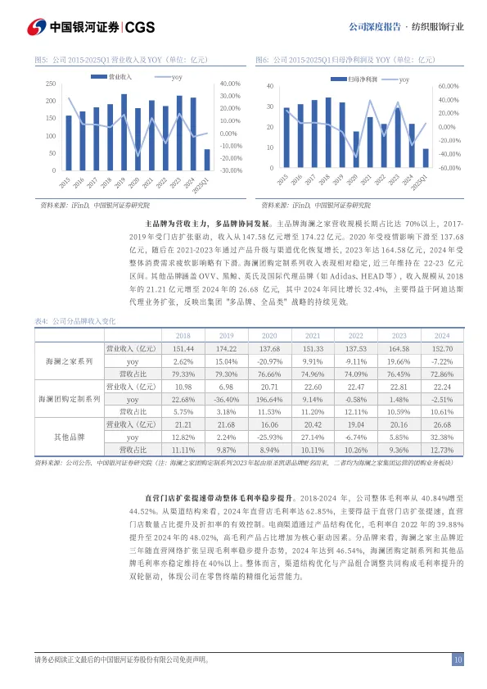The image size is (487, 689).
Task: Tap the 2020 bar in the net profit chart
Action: pyautogui.click(x=356, y=149)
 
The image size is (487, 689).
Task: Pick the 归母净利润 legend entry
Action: pyautogui.click(x=356, y=79)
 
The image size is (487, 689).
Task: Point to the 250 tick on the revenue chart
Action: pyautogui.click(x=50, y=84)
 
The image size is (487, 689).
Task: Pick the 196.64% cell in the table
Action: pyautogui.click(x=268, y=399)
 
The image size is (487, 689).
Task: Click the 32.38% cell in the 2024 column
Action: pyautogui.click(x=442, y=437)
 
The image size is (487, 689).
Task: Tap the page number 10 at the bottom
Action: pyautogui.click(x=458, y=660)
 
